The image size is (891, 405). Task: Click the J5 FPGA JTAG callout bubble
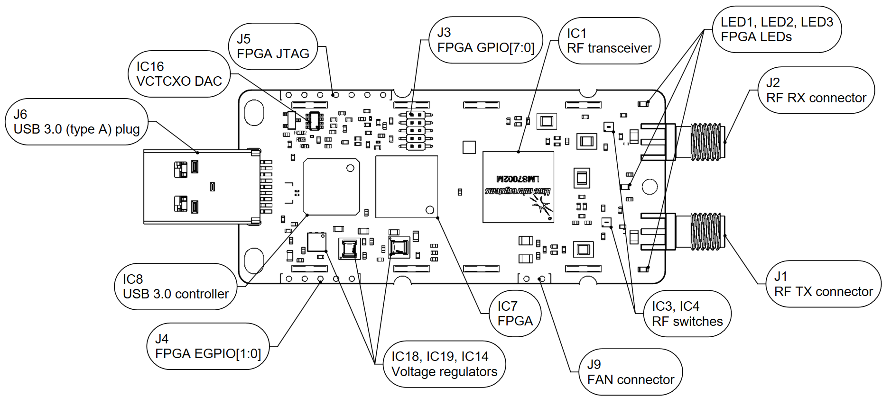(x=273, y=46)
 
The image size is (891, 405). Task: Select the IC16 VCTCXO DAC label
(x=179, y=74)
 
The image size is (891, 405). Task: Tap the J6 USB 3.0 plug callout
(x=76, y=122)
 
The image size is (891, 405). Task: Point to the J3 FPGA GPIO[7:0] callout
(x=485, y=40)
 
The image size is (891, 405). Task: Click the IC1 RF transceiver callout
(x=609, y=41)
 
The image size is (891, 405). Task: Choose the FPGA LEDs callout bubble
(x=777, y=29)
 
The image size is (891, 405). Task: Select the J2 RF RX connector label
(x=816, y=90)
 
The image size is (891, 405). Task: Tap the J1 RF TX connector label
(x=823, y=284)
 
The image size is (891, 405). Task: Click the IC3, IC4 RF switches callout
(x=687, y=314)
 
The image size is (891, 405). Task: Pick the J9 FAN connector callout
(x=630, y=372)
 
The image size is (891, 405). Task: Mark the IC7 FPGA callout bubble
(x=515, y=314)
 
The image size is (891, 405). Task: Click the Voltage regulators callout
(x=444, y=364)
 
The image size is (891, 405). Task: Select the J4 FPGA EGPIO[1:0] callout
(x=208, y=346)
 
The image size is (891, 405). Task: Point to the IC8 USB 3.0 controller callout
(x=176, y=287)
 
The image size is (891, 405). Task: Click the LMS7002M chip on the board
(x=518, y=187)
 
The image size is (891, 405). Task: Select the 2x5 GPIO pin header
(x=416, y=131)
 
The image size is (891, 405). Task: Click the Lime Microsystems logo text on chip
(x=518, y=191)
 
